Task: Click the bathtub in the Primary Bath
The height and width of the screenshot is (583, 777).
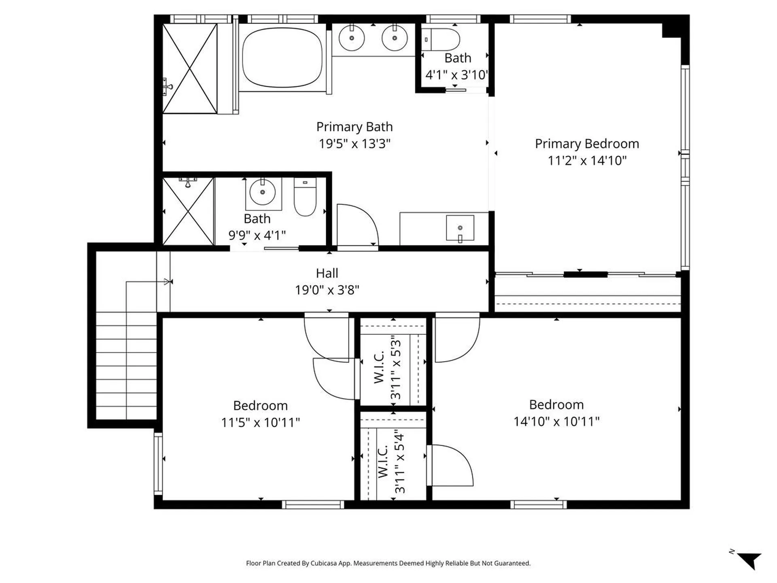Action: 282,57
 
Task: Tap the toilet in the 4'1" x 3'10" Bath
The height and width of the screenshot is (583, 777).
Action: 444,40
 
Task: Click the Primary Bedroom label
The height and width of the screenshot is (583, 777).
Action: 587,144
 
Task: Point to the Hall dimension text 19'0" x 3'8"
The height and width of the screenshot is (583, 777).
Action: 327,290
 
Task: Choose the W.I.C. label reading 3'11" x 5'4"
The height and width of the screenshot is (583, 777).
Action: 391,462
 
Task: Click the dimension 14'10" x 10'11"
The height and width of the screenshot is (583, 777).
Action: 556,421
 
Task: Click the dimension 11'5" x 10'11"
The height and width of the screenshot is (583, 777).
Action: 260,422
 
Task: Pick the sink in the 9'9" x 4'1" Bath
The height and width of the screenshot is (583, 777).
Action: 263,192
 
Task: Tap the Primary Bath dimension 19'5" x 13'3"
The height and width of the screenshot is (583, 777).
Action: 355,144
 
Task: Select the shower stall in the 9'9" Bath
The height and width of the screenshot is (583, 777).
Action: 188,211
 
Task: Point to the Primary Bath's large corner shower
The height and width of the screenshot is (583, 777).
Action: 189,68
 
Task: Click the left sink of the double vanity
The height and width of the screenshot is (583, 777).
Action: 352,38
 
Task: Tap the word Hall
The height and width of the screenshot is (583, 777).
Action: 327,273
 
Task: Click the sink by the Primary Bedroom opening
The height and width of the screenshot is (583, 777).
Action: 460,228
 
